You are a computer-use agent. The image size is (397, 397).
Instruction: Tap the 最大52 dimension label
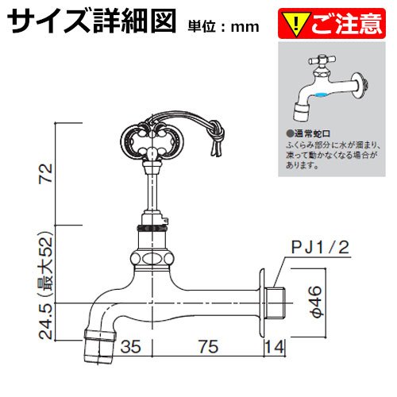tap(46, 264)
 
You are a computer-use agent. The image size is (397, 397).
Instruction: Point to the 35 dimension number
tap(130, 347)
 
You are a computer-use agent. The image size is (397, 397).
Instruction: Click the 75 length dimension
tap(209, 347)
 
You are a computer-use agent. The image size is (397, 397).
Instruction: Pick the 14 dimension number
tap(275, 347)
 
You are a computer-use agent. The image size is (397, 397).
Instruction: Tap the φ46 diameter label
tap(316, 302)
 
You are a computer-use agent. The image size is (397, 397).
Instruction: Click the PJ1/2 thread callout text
tap(320, 247)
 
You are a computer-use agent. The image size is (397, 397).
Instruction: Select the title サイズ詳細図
tap(91, 21)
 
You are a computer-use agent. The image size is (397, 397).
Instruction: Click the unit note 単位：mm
tap(223, 27)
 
